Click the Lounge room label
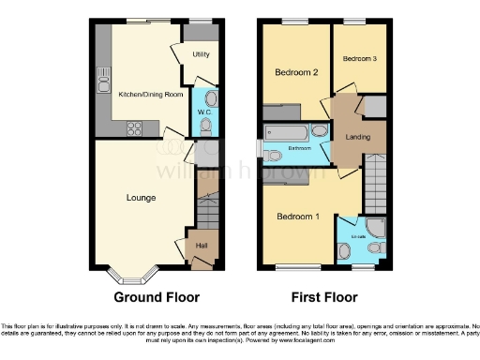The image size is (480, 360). [x=142, y=198]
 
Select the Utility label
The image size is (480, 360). [x=201, y=55]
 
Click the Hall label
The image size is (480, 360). [x=201, y=247]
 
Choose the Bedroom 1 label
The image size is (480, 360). [x=298, y=217]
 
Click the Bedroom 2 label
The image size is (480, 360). [x=297, y=72]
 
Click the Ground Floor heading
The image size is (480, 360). [x=157, y=298]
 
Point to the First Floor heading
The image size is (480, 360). [x=323, y=298]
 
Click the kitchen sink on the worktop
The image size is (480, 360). [x=103, y=79]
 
